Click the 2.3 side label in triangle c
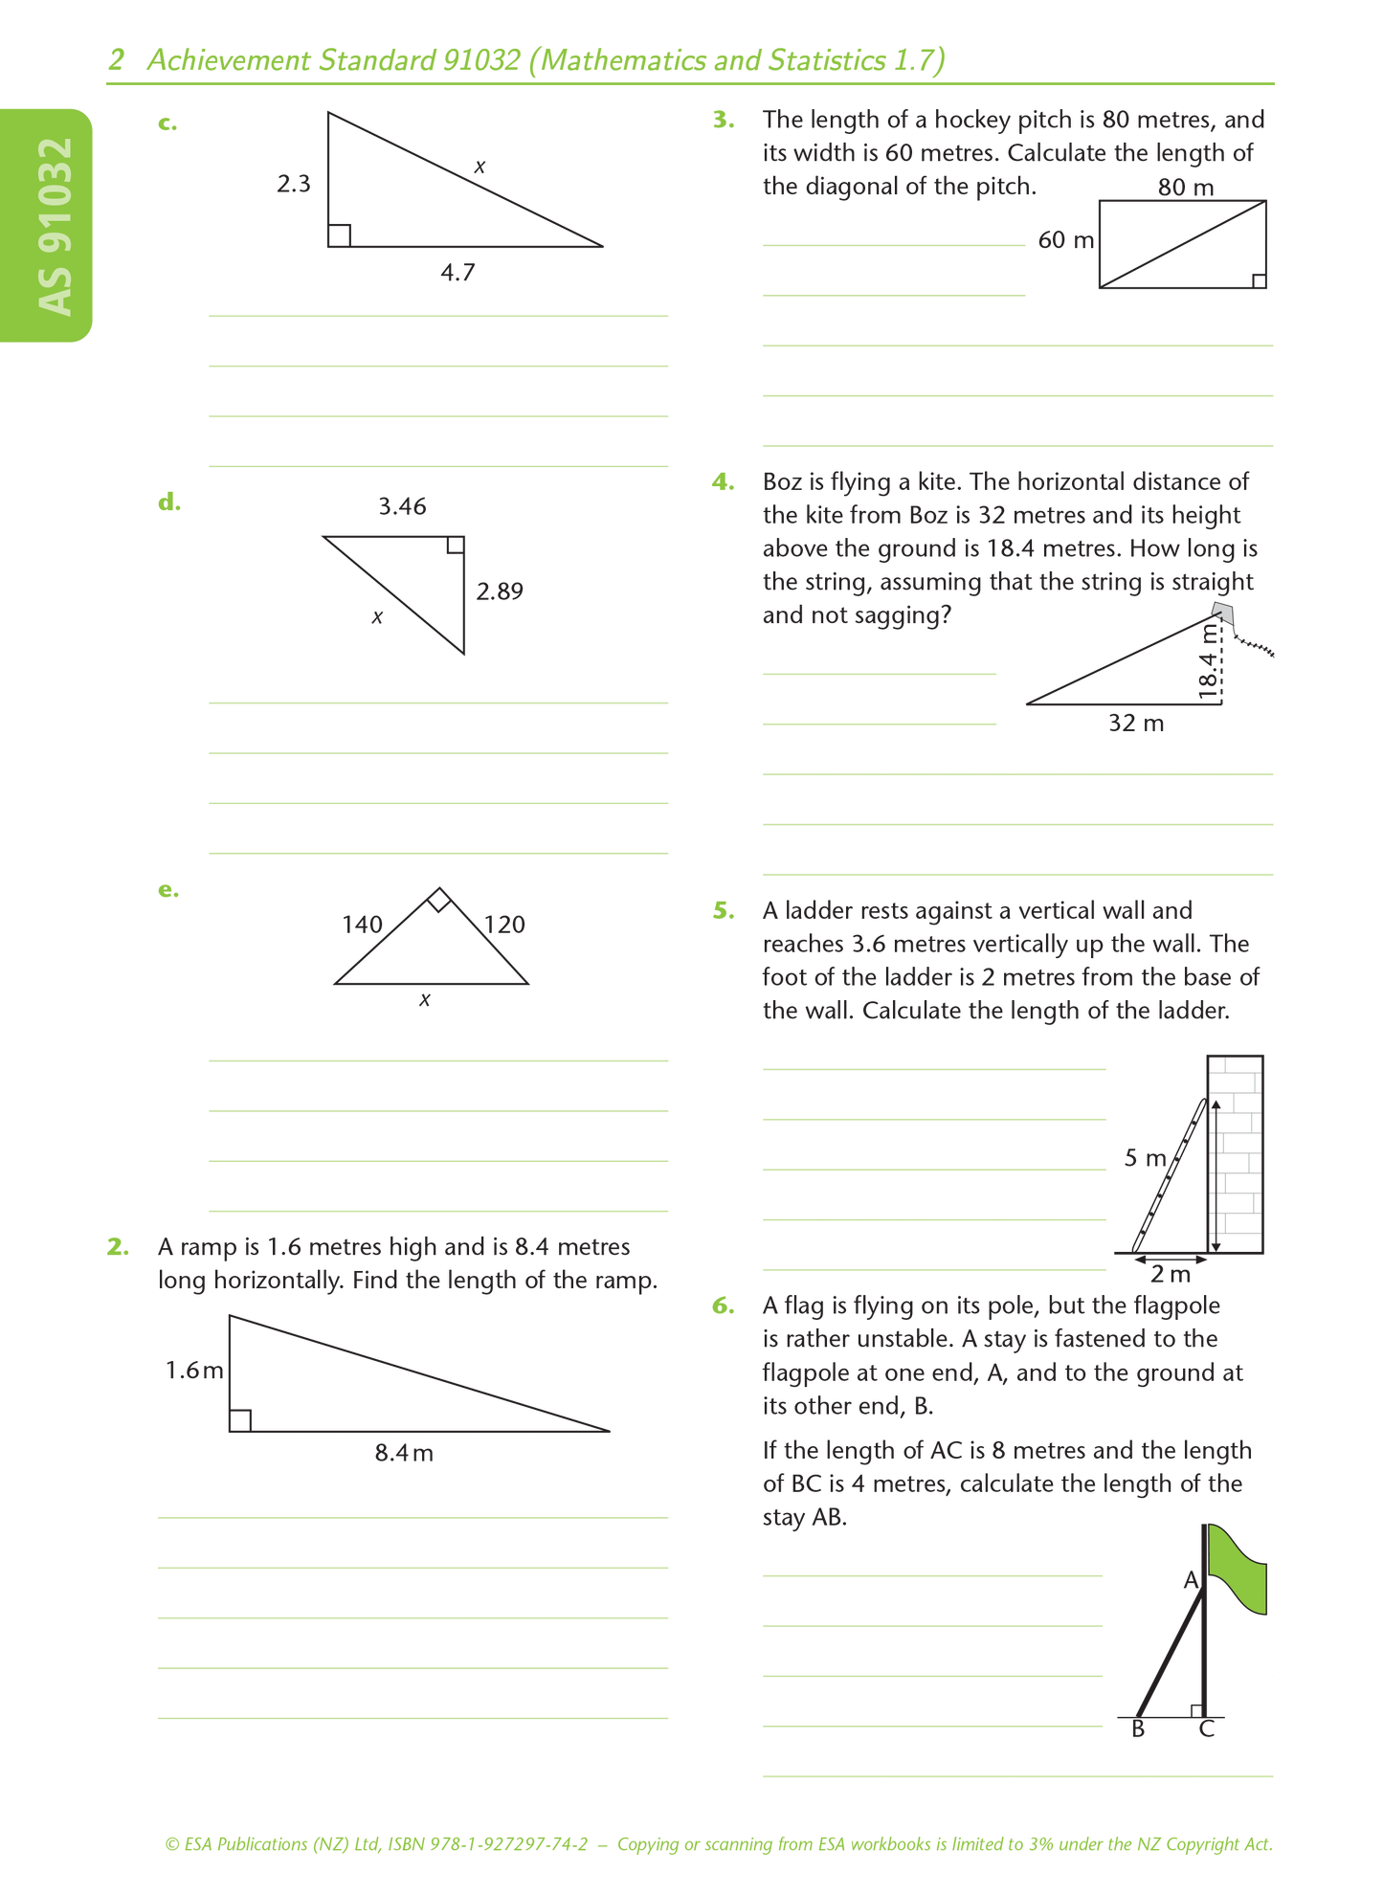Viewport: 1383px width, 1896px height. (x=294, y=184)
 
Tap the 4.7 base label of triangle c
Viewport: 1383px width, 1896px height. (x=457, y=273)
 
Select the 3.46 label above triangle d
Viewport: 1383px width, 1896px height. (x=402, y=506)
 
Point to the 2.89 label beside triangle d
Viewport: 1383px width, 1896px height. (x=500, y=591)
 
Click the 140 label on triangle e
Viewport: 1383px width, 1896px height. (x=362, y=925)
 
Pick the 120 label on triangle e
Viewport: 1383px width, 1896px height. (x=504, y=925)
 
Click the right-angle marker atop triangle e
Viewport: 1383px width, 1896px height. (x=438, y=900)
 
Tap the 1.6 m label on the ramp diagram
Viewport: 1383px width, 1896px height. (x=194, y=1371)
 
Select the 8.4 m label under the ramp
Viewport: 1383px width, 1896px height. (x=404, y=1453)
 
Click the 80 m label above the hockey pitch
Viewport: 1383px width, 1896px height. (x=1185, y=188)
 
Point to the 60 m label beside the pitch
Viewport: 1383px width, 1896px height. (x=1065, y=240)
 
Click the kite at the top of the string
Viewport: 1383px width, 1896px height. (x=1222, y=613)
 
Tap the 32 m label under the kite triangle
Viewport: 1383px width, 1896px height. (x=1136, y=724)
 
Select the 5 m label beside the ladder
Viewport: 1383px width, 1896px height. (x=1145, y=1158)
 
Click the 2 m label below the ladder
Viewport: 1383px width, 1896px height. (x=1170, y=1274)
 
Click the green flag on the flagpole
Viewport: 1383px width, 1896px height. (x=1238, y=1568)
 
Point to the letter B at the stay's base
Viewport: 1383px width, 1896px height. (x=1138, y=1729)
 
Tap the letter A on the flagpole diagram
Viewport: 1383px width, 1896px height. (x=1191, y=1580)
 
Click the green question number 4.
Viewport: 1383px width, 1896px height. (x=723, y=481)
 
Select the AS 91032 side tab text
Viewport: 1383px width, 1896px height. (x=56, y=226)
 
